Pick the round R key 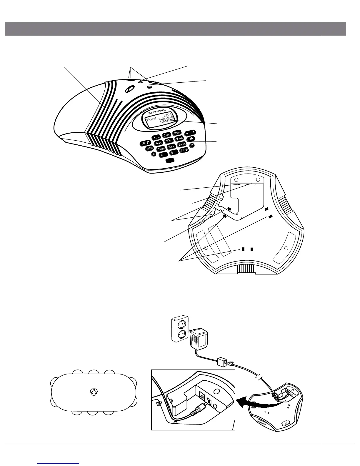[x=153, y=153]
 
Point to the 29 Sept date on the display [x=152, y=119]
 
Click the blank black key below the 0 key [x=170, y=161]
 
